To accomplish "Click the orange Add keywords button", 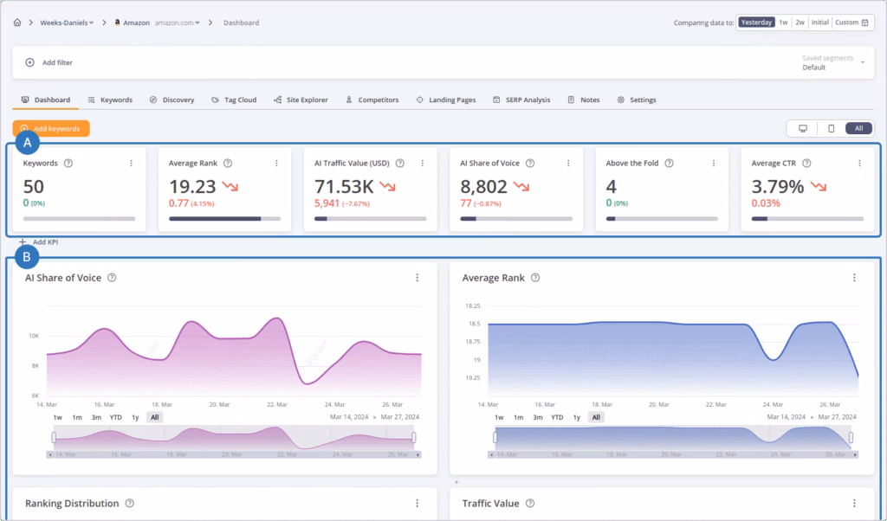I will pyautogui.click(x=52, y=128).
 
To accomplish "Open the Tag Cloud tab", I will pyautogui.click(x=234, y=100).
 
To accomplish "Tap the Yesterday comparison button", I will pyautogui.click(x=756, y=23).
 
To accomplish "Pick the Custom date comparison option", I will pyautogui.click(x=851, y=23).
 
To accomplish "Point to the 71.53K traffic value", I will pyautogui.click(x=344, y=185).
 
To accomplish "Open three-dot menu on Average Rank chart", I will pyautogui.click(x=854, y=278).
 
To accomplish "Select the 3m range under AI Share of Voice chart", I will pyautogui.click(x=96, y=417).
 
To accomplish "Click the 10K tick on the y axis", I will pyautogui.click(x=33, y=336).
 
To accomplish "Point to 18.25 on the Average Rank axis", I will pyautogui.click(x=473, y=306).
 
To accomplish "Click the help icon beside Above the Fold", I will pyautogui.click(x=670, y=163).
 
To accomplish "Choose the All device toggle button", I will pyautogui.click(x=858, y=128).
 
